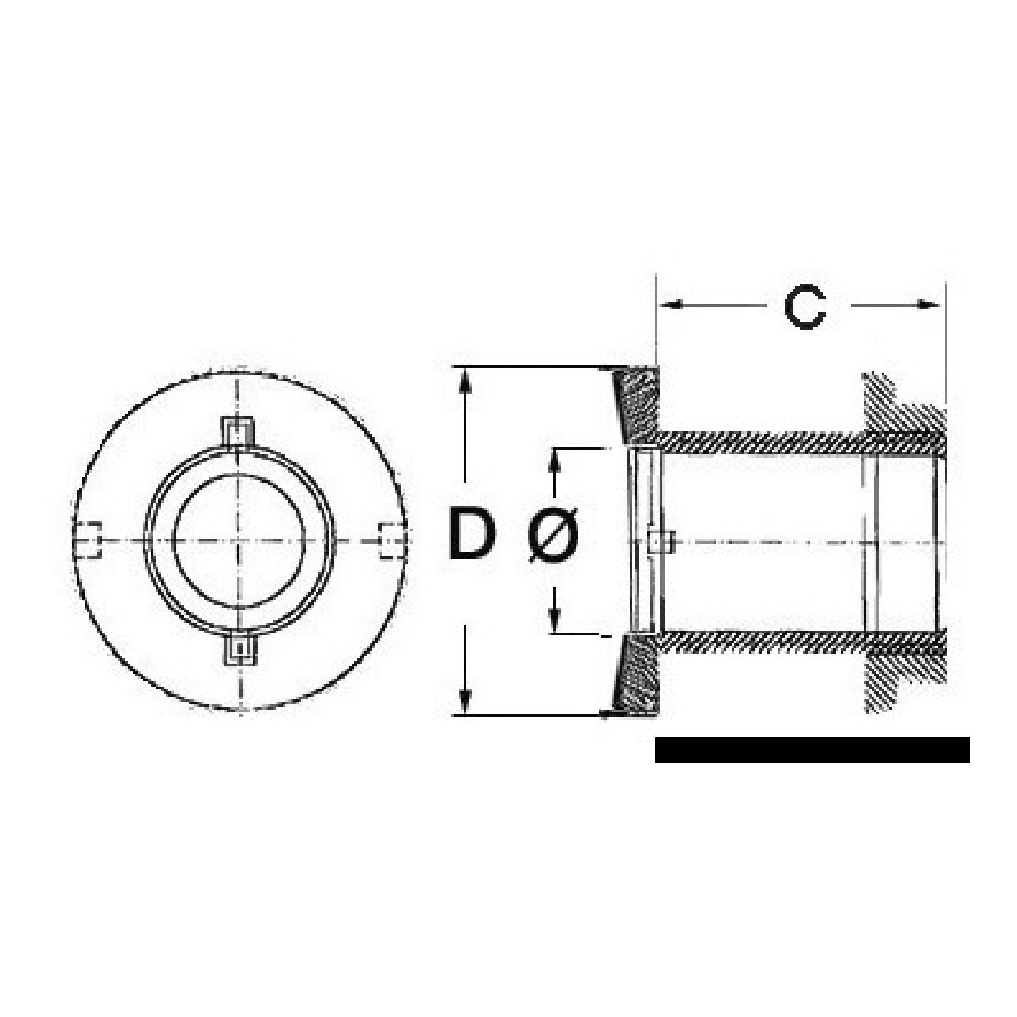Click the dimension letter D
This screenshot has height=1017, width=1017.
pyautogui.click(x=473, y=535)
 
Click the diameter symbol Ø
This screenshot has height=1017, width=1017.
pyautogui.click(x=553, y=535)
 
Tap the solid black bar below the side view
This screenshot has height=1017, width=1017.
pyautogui.click(x=812, y=749)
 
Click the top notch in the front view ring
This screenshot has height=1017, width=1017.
pyautogui.click(x=239, y=431)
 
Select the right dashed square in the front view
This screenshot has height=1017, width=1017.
pyautogui.click(x=389, y=541)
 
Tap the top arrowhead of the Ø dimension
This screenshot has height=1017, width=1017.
pyautogui.click(x=556, y=461)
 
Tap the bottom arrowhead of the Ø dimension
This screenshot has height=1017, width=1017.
pyautogui.click(x=556, y=621)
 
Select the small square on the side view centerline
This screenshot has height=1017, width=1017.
pyautogui.click(x=658, y=541)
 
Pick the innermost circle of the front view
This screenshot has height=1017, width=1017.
pyautogui.click(x=239, y=541)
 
